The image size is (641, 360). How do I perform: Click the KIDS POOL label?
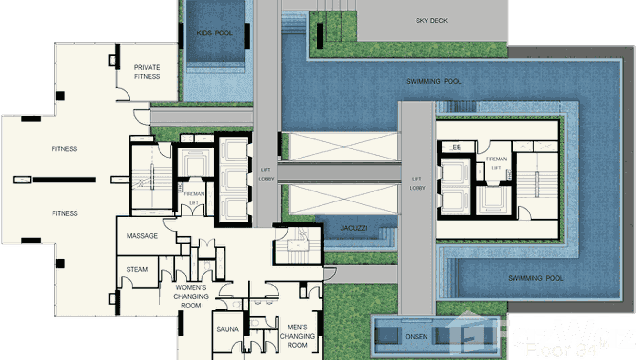coord(214,33)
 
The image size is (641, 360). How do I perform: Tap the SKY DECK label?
coord(431,21)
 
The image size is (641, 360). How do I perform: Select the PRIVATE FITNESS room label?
coord(147,72)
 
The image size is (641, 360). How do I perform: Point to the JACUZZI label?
coord(354,229)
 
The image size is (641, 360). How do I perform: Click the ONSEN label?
coord(416,337)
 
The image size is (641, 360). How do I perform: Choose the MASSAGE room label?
coord(142,236)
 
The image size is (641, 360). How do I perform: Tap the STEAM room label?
coord(137,270)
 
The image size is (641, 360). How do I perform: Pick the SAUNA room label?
coord(227,329)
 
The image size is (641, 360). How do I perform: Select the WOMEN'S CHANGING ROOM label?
coord(191,296)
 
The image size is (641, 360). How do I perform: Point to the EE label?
coord(457,148)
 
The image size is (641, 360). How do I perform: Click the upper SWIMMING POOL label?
coord(434,82)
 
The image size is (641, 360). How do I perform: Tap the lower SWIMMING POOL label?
coord(535,278)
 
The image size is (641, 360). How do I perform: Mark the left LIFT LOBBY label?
coord(266,174)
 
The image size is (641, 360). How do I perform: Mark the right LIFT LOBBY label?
coord(417,184)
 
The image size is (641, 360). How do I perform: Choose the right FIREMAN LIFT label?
coord(496,163)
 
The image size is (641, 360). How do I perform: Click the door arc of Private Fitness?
coord(123,94)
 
